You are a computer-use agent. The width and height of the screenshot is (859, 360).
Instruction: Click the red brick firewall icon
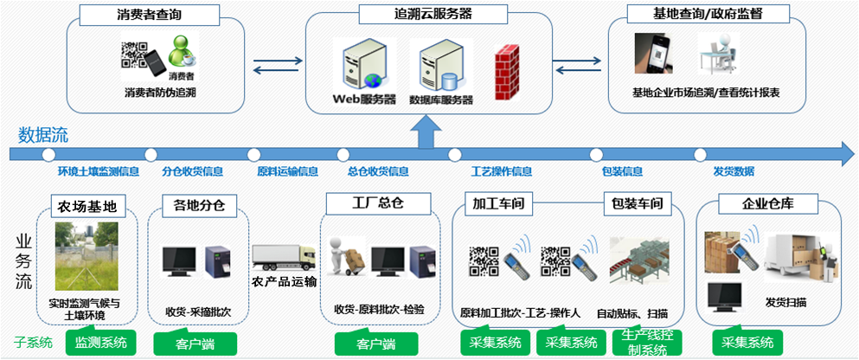coord(506,67)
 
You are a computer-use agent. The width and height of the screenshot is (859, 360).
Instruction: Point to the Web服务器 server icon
coord(359,67)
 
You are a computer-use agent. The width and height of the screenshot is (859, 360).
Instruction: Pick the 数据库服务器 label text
coord(441,100)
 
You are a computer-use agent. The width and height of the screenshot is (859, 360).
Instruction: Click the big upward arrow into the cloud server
coord(426,134)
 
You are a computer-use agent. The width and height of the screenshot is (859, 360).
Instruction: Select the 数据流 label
coord(43,135)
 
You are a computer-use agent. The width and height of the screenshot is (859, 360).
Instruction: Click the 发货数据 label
coord(734,171)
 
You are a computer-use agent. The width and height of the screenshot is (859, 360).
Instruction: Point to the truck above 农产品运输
coord(284,257)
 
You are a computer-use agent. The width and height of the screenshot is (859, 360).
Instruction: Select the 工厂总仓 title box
coord(366,204)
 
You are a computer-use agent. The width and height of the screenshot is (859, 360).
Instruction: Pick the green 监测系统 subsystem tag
coord(100,342)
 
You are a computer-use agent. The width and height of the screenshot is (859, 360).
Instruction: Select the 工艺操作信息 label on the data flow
coord(502,171)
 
